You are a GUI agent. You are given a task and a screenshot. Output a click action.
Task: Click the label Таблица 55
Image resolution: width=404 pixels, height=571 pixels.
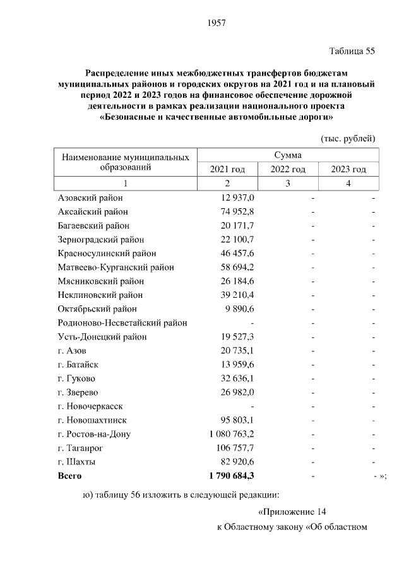pos(352,52)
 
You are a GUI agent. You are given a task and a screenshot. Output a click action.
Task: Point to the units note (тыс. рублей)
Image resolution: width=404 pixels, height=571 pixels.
pos(348,138)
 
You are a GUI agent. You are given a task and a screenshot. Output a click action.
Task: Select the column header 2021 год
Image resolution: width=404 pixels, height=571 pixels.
pos(227,169)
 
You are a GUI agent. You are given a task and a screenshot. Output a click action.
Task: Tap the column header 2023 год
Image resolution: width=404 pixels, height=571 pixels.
pos(348,169)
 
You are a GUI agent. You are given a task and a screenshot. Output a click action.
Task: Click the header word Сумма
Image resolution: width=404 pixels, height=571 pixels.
pos(288,155)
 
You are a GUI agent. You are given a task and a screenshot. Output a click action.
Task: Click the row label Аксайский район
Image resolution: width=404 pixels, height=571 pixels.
pos(92,211)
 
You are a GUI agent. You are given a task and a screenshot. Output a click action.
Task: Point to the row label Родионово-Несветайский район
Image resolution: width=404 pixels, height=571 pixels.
pos(122,322)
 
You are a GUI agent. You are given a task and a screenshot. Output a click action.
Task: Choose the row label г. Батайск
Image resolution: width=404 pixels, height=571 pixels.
pos(78,364)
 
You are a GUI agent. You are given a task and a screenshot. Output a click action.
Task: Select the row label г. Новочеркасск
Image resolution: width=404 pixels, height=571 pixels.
pos(90,406)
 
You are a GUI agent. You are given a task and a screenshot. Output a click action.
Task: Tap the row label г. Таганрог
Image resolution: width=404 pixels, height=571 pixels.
pos(81,447)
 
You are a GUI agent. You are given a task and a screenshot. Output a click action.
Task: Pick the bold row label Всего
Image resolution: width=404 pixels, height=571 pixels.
pos(69,475)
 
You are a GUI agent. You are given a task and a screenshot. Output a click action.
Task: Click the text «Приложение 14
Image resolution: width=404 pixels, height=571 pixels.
pos(294,512)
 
